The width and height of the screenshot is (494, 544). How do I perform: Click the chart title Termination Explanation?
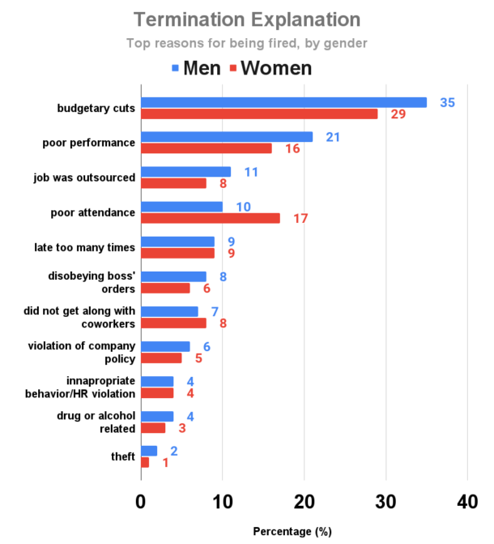[247, 19]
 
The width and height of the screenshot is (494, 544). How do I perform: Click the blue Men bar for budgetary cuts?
[283, 102]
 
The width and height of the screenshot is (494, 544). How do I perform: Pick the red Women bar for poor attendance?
[211, 218]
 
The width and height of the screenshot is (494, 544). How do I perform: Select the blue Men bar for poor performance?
[227, 137]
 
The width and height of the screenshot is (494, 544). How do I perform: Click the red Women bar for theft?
[145, 462]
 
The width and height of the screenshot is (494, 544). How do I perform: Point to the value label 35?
[448, 102]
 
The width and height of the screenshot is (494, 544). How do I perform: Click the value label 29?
[398, 114]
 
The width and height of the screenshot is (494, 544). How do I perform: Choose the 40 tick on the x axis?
[467, 501]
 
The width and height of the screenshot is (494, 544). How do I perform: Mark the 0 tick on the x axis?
[141, 501]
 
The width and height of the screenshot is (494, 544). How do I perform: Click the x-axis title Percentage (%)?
[292, 531]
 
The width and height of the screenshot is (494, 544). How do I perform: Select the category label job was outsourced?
[90, 178]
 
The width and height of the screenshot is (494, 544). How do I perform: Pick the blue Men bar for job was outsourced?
[185, 172]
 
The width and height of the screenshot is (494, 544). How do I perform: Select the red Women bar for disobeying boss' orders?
[165, 288]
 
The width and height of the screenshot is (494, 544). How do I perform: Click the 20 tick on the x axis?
[304, 501]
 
